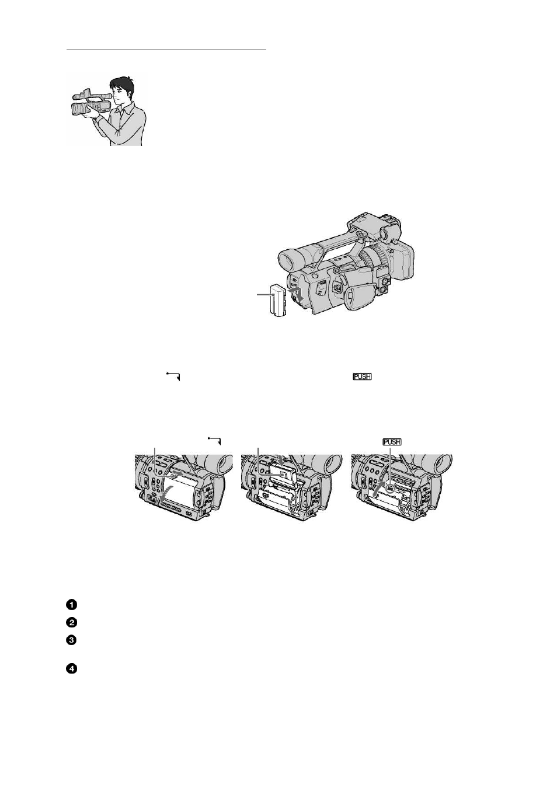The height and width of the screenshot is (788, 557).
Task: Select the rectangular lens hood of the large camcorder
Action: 402,259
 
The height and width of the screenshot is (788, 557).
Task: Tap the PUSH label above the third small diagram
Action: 392,442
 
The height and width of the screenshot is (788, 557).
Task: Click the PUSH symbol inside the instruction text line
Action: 363,376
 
